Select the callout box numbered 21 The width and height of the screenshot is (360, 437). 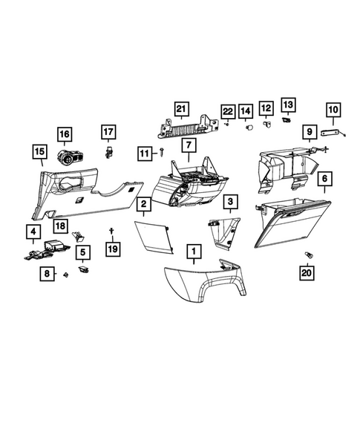click(x=179, y=109)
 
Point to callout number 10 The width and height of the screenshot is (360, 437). click(x=333, y=111)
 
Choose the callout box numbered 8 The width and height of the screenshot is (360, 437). click(x=48, y=274)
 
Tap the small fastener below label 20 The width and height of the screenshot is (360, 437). click(x=307, y=256)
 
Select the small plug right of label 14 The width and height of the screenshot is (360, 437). click(x=251, y=127)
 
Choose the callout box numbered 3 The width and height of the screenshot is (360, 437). click(x=232, y=201)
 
